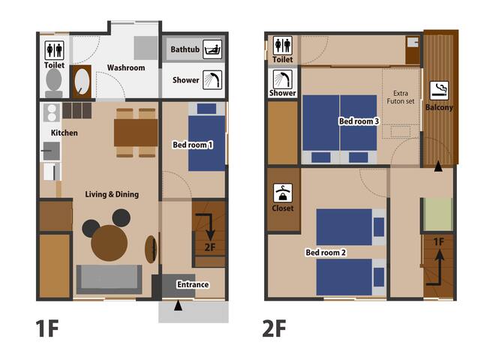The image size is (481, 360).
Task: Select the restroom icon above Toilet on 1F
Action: point(54,49)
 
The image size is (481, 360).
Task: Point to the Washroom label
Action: point(125,67)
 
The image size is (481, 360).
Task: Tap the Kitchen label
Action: point(65,133)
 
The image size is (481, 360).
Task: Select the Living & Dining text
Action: point(112,194)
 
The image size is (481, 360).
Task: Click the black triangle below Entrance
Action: point(178,306)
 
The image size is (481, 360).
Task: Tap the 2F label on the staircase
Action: point(211,247)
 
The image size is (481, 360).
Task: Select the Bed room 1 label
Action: point(194,144)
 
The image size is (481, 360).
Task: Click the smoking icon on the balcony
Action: point(440,91)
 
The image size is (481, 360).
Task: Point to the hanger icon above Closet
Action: point(283,192)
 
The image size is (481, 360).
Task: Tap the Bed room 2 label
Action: point(325,253)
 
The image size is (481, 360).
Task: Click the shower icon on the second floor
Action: point(283,79)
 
